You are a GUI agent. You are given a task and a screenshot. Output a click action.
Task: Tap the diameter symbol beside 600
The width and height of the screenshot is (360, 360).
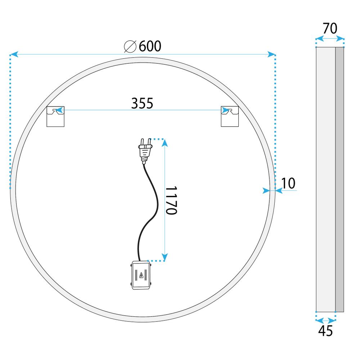click(x=130, y=46)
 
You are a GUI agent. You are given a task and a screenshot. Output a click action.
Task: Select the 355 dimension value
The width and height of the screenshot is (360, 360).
click(x=142, y=103)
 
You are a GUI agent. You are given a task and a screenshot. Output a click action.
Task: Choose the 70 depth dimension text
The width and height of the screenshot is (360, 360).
click(x=330, y=28)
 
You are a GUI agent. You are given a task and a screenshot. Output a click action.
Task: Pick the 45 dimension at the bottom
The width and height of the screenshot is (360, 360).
click(x=325, y=330)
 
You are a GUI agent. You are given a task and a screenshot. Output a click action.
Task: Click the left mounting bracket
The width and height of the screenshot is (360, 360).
click(x=56, y=116)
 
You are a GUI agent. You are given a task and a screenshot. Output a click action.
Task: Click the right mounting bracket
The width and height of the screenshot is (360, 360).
click(x=229, y=116)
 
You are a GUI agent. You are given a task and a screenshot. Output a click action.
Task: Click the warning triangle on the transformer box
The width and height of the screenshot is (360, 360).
click(x=141, y=276)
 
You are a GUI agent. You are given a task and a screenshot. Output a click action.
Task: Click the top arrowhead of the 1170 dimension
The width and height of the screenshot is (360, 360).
click(x=165, y=143)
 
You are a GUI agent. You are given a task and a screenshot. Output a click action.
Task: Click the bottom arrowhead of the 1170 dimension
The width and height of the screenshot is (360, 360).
click(x=165, y=257)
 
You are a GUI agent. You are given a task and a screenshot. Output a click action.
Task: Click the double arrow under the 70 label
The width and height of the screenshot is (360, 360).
click(x=330, y=39)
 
